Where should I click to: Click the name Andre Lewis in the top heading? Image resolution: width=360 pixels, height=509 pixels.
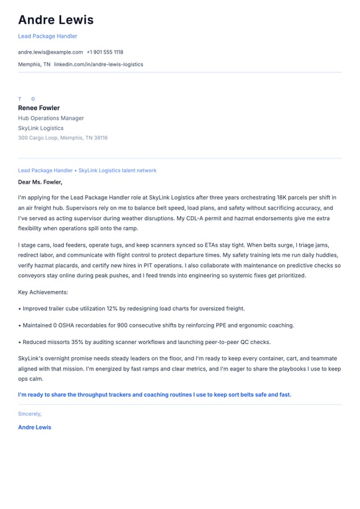coord(56,20)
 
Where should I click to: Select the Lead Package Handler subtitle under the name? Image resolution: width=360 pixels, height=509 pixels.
coord(48,36)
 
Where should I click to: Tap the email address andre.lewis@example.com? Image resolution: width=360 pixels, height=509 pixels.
coord(50,52)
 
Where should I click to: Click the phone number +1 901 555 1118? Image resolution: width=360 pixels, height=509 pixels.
coord(105,52)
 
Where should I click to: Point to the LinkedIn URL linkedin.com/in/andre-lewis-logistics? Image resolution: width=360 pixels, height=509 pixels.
coord(98,64)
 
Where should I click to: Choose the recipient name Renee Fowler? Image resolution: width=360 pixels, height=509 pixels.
coord(38,108)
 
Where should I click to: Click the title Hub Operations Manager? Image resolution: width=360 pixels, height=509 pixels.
coord(51,118)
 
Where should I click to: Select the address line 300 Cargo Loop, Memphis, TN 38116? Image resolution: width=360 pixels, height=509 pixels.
coord(62,138)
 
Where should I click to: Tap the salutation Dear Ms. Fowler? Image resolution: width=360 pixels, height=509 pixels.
coord(40,182)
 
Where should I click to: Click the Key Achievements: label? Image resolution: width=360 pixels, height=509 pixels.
coord(43,292)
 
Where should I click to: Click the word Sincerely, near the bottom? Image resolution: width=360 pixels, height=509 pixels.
coord(30,414)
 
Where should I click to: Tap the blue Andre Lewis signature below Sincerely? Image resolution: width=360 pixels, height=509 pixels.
coord(34,427)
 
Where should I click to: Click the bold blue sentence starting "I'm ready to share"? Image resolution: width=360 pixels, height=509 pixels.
coord(154,394)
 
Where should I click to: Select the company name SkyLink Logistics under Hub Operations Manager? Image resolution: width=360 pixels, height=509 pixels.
coord(41,128)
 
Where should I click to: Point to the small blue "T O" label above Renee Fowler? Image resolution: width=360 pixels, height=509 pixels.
coord(27,99)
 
